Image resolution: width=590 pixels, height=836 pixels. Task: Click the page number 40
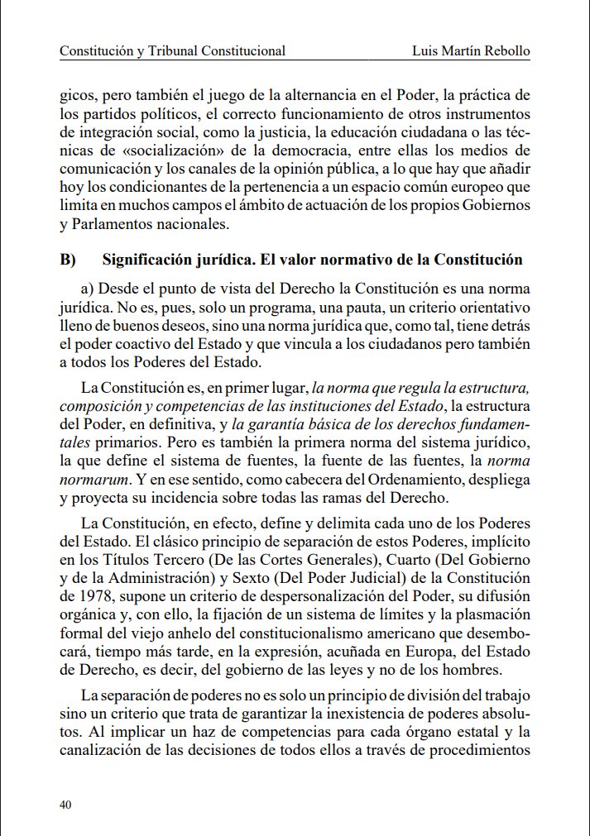[67, 804]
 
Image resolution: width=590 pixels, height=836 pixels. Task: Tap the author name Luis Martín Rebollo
[471, 50]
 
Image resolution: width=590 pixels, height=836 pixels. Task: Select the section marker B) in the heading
[68, 260]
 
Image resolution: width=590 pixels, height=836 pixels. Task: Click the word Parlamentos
[113, 222]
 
